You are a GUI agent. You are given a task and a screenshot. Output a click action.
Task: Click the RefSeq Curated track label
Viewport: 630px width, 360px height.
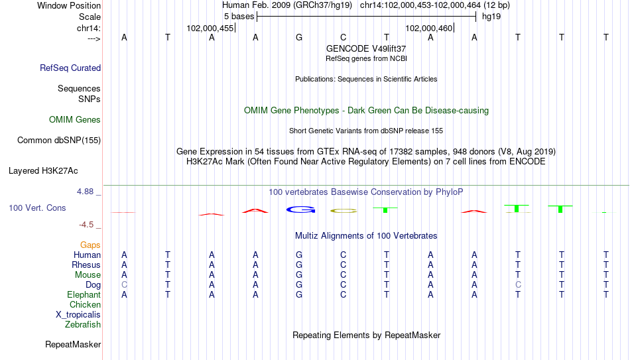pyautogui.click(x=70, y=68)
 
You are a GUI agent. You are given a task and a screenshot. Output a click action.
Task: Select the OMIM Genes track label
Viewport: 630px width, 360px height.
pyautogui.click(x=75, y=120)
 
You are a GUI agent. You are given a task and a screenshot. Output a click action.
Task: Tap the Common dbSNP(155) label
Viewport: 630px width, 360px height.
pyautogui.click(x=59, y=141)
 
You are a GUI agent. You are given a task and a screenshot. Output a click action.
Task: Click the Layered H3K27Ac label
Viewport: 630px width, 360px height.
pyautogui.click(x=43, y=171)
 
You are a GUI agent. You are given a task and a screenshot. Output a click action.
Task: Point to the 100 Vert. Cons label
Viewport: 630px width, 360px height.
pyautogui.click(x=37, y=208)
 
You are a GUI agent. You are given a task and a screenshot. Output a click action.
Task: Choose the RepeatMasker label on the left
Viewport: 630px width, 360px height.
pyautogui.click(x=73, y=344)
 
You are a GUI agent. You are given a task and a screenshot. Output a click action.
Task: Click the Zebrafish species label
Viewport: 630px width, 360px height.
pyautogui.click(x=83, y=324)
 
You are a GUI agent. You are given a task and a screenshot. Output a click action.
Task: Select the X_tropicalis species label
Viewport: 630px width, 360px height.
pyautogui.click(x=78, y=315)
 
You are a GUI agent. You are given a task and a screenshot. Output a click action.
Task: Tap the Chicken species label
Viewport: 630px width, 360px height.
pyautogui.click(x=85, y=304)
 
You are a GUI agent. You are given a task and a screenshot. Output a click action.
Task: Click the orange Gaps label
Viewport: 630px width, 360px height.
pyautogui.click(x=90, y=245)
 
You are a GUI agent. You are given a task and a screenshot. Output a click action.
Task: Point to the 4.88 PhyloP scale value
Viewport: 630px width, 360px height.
pyautogui.click(x=85, y=192)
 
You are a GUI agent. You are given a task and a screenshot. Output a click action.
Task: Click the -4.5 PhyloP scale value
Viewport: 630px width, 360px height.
pyautogui.click(x=86, y=225)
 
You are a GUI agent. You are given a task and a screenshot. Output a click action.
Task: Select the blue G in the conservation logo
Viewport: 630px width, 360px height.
pyautogui.click(x=301, y=210)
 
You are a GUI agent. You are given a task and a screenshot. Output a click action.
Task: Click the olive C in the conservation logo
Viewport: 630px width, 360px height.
pyautogui.click(x=344, y=211)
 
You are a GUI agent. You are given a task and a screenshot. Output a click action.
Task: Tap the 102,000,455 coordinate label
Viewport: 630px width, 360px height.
pyautogui.click(x=210, y=28)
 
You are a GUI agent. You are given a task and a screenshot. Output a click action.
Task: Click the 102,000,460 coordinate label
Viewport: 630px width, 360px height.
pyautogui.click(x=428, y=28)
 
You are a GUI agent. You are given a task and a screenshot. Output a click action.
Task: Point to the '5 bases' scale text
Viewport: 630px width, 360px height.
pyautogui.click(x=239, y=17)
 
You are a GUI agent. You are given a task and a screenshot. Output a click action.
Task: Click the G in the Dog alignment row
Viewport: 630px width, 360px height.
pyautogui.click(x=299, y=285)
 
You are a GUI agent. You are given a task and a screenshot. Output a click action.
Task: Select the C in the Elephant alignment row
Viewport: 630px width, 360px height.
pyautogui.click(x=343, y=294)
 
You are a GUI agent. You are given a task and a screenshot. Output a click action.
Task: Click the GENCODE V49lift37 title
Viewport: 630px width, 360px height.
pyautogui.click(x=366, y=48)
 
